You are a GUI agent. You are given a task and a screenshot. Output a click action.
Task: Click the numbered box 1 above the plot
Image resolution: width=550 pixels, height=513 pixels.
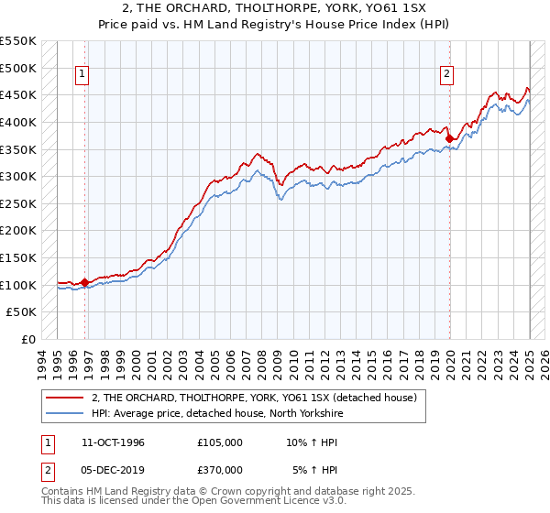(82, 75)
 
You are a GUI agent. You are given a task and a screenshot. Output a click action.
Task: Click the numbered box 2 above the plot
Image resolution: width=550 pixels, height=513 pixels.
(447, 75)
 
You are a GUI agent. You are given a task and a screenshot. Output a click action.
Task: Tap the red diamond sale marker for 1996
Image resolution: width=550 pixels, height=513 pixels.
(85, 282)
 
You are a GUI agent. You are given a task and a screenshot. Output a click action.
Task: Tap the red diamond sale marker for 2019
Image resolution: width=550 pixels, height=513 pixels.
(450, 138)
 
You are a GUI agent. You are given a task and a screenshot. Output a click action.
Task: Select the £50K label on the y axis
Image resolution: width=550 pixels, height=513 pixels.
(22, 312)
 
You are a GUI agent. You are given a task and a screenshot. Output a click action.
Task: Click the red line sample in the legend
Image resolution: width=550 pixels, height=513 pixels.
(65, 398)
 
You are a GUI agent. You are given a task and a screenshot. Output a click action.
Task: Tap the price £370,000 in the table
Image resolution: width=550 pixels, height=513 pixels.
(220, 470)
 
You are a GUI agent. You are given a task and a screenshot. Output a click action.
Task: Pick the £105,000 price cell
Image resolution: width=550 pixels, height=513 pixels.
(220, 442)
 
